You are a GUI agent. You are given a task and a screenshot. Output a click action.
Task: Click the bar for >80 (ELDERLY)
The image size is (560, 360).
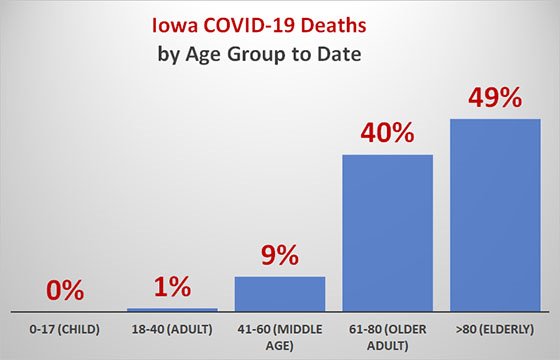click(x=495, y=214)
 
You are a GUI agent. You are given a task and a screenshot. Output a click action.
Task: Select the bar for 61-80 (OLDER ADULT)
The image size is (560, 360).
click(x=387, y=232)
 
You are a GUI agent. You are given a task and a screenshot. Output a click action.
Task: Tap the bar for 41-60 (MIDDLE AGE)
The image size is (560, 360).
click(x=279, y=293)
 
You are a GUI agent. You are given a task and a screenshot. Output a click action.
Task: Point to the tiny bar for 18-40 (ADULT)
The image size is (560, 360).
click(x=172, y=309)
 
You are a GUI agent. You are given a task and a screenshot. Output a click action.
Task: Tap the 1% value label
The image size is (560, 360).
click(x=172, y=288)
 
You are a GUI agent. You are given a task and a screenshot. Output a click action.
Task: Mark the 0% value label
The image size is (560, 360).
click(x=66, y=291)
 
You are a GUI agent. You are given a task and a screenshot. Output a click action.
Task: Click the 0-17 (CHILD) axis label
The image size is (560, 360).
click(x=66, y=328)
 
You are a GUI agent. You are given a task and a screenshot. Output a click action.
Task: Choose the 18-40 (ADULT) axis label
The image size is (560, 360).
click(x=173, y=328)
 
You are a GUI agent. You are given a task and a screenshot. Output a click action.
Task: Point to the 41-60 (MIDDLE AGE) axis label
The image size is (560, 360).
click(x=280, y=334)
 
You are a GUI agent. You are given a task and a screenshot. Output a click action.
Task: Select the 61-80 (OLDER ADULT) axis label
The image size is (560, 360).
click(x=387, y=334)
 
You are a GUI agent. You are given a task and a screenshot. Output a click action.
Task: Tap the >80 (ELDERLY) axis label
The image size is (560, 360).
click(x=494, y=328)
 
